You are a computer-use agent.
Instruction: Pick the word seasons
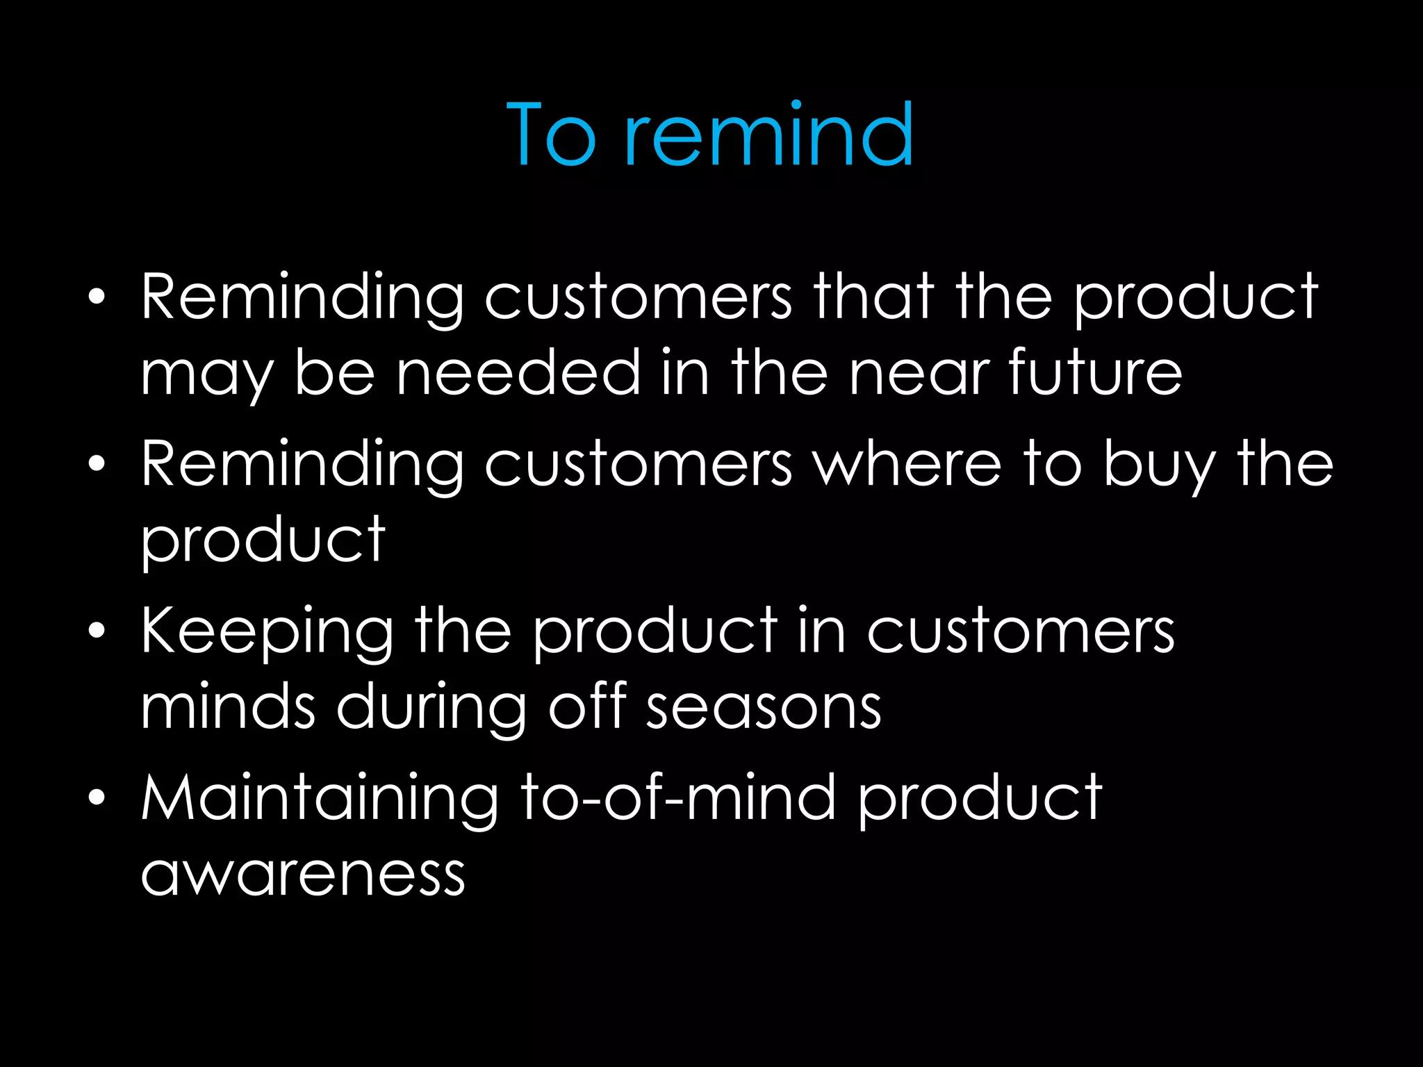764,707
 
